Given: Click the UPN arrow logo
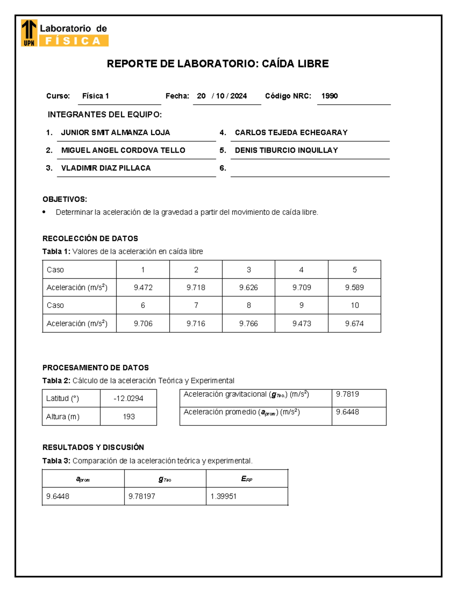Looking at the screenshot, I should click(x=29, y=33).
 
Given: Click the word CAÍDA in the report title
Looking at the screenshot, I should click(x=278, y=64).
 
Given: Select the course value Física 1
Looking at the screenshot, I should click(x=96, y=96).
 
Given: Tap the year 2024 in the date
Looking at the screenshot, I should click(x=238, y=96).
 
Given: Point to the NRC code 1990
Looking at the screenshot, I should click(x=329, y=96).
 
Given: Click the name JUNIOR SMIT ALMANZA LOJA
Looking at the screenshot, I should click(x=115, y=133).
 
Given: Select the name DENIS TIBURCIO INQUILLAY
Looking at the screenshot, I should click(x=286, y=150).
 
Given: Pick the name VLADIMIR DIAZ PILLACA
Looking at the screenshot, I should click(x=106, y=168).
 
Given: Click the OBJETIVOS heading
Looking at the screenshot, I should click(x=65, y=199).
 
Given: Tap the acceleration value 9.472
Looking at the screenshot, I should click(x=143, y=288).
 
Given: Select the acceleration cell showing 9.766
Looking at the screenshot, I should click(x=248, y=324).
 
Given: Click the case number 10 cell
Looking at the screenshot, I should click(x=355, y=305).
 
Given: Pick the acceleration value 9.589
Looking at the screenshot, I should click(x=354, y=288).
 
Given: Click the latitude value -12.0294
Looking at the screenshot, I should click(x=128, y=399).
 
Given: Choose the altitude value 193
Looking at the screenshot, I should click(x=129, y=417).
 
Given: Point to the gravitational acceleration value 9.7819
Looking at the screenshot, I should click(x=347, y=394).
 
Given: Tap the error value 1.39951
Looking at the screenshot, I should click(x=223, y=496).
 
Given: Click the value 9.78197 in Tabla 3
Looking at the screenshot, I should click(x=142, y=496).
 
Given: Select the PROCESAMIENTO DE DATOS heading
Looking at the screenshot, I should click(x=96, y=368).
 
